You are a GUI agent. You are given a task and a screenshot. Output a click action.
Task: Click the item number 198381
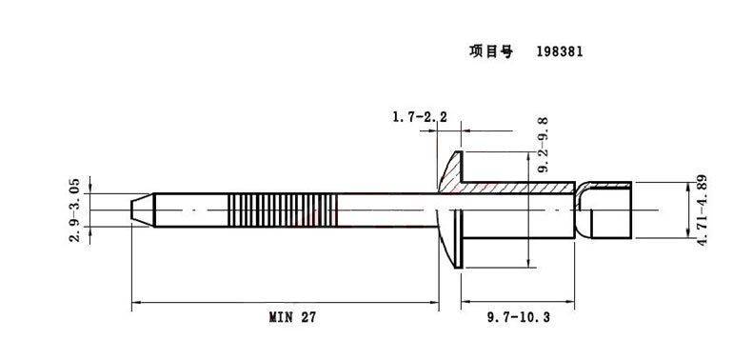coord(560,51)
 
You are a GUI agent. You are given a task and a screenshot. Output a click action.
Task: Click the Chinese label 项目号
coord(490,51)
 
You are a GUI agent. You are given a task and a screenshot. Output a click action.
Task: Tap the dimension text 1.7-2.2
coord(420,116)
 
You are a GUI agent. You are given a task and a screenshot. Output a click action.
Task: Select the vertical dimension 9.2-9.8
coord(544,146)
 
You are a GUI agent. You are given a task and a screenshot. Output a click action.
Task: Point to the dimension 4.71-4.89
coord(703,210)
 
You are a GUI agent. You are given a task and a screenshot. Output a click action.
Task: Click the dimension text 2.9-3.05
coord(74,210)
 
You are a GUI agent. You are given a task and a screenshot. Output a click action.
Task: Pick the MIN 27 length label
coord(292,317)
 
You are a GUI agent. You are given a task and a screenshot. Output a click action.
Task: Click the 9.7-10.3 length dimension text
coord(518,317)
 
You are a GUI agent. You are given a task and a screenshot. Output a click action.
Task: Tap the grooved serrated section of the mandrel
coord(283,210)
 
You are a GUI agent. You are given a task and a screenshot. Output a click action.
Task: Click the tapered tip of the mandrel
coord(143,210)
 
